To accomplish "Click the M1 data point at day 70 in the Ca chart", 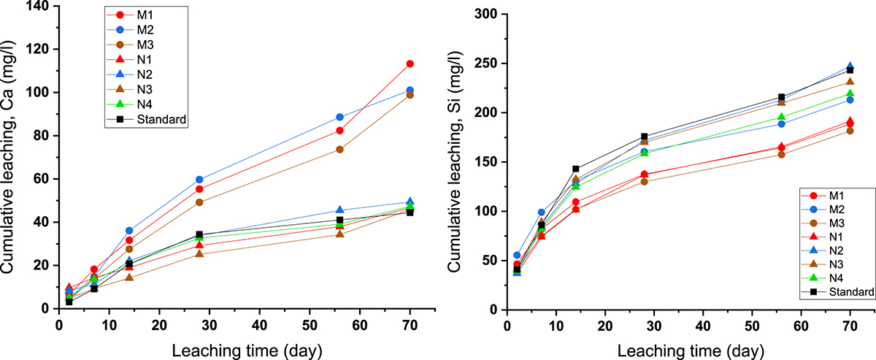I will [x=410, y=64].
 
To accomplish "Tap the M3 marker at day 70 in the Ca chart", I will [x=410, y=95].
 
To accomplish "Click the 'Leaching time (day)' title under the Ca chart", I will [x=247, y=349].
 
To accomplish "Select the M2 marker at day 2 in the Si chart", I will [x=517, y=255].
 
